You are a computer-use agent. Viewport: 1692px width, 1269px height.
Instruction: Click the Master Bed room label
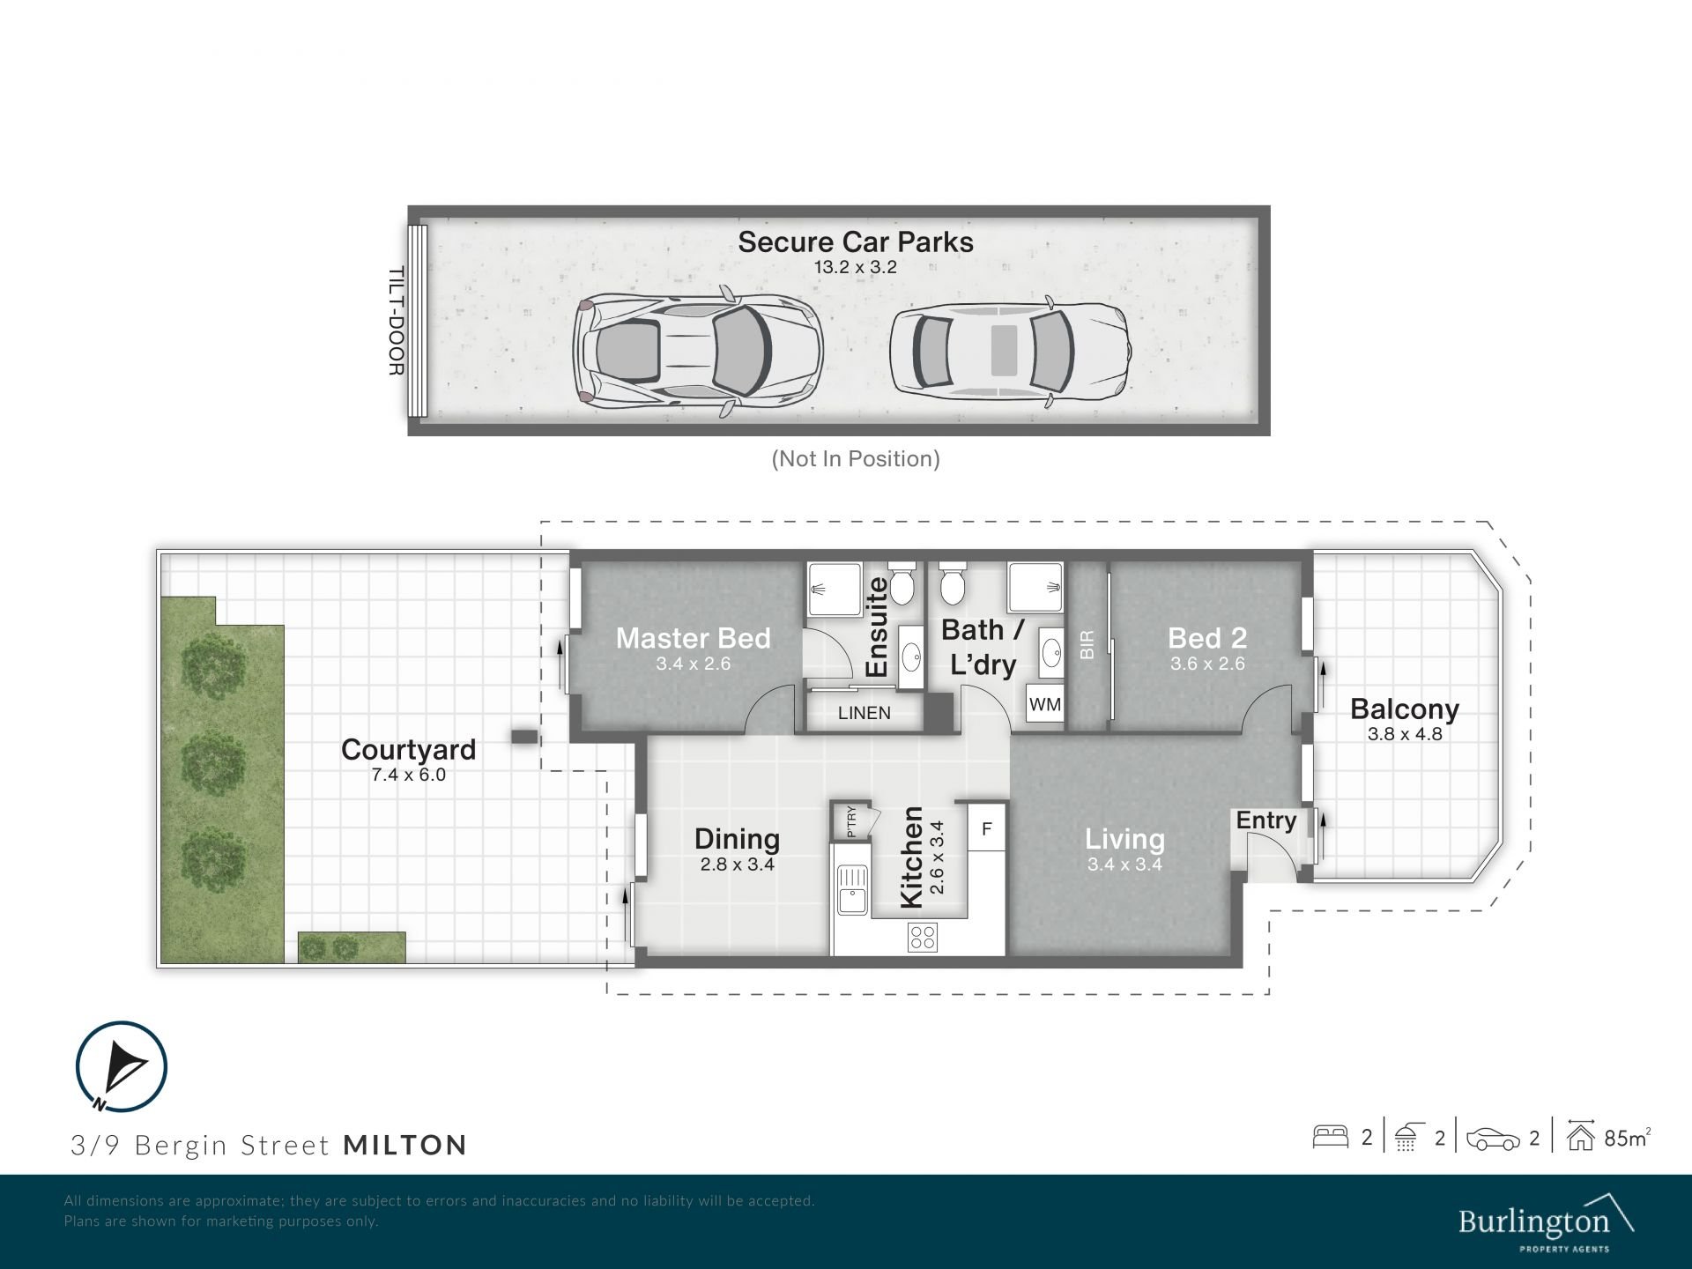click(693, 638)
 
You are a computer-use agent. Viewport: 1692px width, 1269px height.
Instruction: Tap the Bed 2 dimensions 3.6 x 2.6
click(1207, 664)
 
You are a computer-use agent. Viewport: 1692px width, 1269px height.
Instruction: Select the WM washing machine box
click(1045, 705)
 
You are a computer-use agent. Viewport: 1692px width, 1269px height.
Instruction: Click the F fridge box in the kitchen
click(987, 827)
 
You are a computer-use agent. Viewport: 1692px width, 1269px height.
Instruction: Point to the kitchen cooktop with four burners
click(923, 937)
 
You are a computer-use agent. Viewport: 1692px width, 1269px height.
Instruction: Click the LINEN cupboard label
click(864, 713)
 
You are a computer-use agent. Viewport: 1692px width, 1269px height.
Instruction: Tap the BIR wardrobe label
click(1087, 644)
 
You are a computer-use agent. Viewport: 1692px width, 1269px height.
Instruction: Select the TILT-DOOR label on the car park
click(397, 322)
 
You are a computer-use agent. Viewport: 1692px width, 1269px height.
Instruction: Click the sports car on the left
click(697, 351)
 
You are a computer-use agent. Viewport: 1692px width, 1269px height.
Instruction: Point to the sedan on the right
click(1010, 351)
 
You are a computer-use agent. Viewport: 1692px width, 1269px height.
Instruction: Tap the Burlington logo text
click(1533, 1221)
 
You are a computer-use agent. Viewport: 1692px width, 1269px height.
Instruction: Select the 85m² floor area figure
click(1627, 1138)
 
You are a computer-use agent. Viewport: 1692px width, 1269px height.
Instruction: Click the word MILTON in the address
click(404, 1145)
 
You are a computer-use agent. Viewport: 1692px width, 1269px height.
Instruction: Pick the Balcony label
click(1405, 709)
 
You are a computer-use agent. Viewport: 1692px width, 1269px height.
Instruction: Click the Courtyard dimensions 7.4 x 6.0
click(409, 775)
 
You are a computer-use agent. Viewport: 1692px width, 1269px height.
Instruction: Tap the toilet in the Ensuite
click(901, 583)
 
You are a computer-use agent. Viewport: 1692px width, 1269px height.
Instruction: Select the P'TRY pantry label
click(851, 821)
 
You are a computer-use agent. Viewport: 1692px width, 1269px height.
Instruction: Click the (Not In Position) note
click(856, 458)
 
